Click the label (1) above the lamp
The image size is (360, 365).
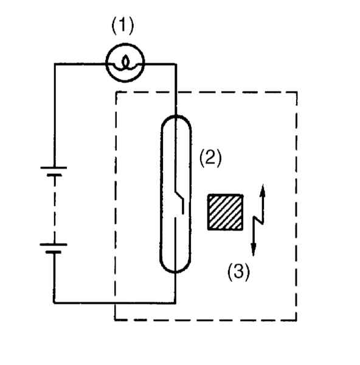tap(123, 26)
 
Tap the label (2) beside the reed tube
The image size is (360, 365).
tap(210, 158)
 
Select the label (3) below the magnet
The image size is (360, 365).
tap(238, 272)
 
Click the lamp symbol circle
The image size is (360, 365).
tap(125, 44)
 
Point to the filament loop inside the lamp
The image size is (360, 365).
tap(125, 62)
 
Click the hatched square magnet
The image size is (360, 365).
tap(225, 212)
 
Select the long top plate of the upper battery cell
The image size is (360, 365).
tap(54, 167)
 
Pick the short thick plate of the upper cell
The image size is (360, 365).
tap(55, 175)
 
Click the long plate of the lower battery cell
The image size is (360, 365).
tap(54, 245)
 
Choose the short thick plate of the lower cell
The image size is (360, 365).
tap(54, 252)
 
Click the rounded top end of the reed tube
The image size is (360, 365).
tap(176, 116)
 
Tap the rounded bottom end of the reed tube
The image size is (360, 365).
tap(175, 272)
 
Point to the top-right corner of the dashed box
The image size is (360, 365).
tap(297, 92)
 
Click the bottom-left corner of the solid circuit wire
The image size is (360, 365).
tap(54, 303)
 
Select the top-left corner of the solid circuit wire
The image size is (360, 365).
tap(55, 63)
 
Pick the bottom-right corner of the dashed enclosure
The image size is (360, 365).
tap(296, 320)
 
